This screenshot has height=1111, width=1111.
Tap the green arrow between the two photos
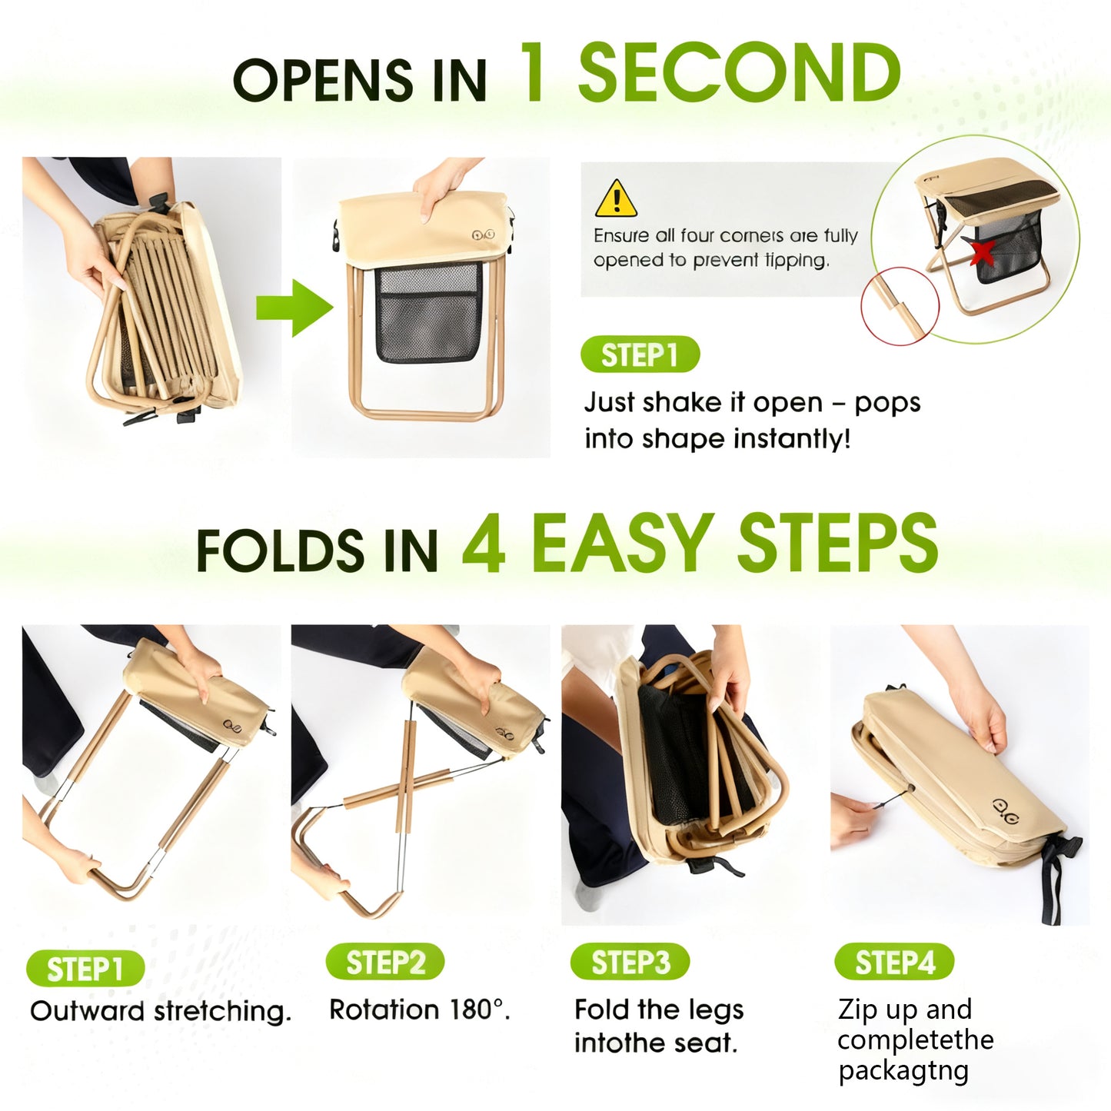(294, 308)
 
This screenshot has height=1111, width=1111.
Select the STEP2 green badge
(385, 962)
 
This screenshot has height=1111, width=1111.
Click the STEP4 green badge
(894, 962)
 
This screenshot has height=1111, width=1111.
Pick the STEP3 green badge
(630, 962)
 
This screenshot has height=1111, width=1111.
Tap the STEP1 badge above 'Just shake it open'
(640, 354)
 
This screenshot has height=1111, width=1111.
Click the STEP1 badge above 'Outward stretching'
(85, 969)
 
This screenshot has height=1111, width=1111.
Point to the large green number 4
(484, 544)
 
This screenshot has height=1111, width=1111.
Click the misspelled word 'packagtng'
(903, 1072)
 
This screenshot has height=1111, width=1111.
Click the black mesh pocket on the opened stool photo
(429, 312)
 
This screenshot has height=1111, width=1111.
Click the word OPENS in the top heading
(324, 80)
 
